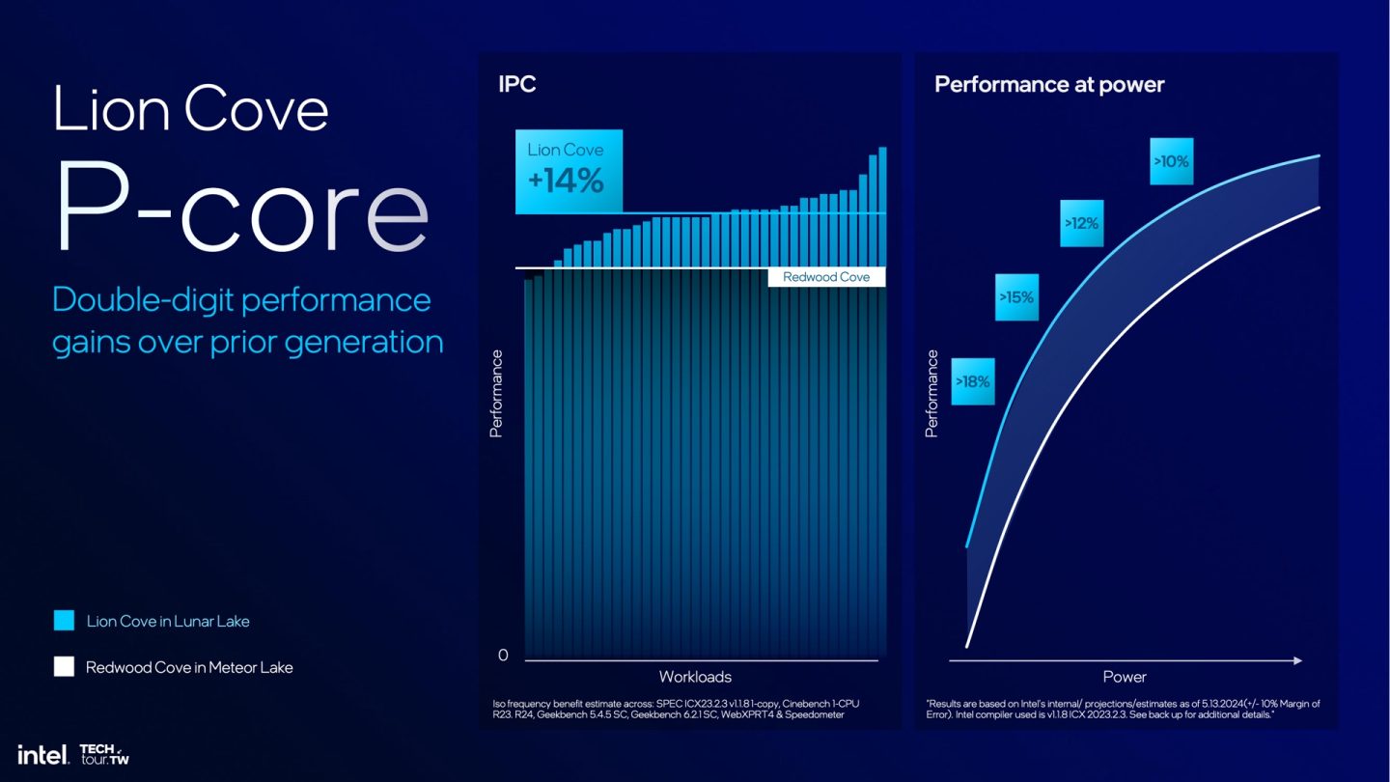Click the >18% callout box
click(x=973, y=381)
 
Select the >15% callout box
click(x=1016, y=297)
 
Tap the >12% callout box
click(x=1081, y=223)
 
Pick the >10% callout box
click(x=1171, y=162)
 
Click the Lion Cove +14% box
click(x=569, y=171)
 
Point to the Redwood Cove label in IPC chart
click(x=826, y=277)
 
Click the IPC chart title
click(x=516, y=84)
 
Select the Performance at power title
click(x=1049, y=84)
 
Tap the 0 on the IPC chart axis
click(x=503, y=656)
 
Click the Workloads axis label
click(x=695, y=676)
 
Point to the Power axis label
click(x=1125, y=676)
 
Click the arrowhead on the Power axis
click(x=1297, y=660)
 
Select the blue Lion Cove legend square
click(x=64, y=621)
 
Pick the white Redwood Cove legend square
click(x=64, y=666)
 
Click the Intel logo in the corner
click(x=42, y=754)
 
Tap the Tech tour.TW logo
click(x=103, y=754)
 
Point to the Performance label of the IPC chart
click(x=496, y=394)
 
